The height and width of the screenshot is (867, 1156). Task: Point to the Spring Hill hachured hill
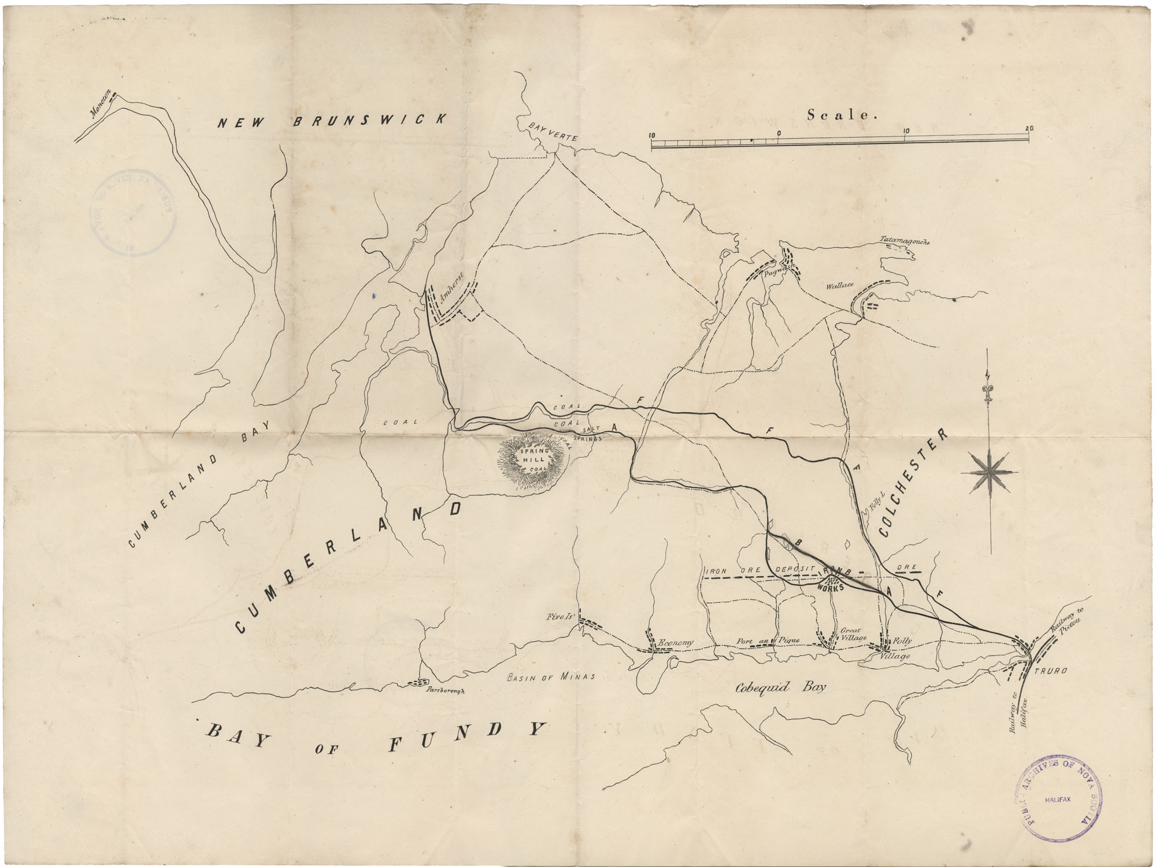coord(533,461)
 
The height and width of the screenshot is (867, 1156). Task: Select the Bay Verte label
coord(553,132)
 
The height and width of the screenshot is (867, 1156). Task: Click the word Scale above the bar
coord(842,115)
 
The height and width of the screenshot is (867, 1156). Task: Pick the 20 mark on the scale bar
coord(1029,129)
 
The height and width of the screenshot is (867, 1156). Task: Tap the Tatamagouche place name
coord(904,240)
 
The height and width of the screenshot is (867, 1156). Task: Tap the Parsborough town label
coord(444,690)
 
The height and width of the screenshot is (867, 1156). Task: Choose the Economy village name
coord(675,642)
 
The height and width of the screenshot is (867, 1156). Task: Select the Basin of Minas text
coord(550,677)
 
